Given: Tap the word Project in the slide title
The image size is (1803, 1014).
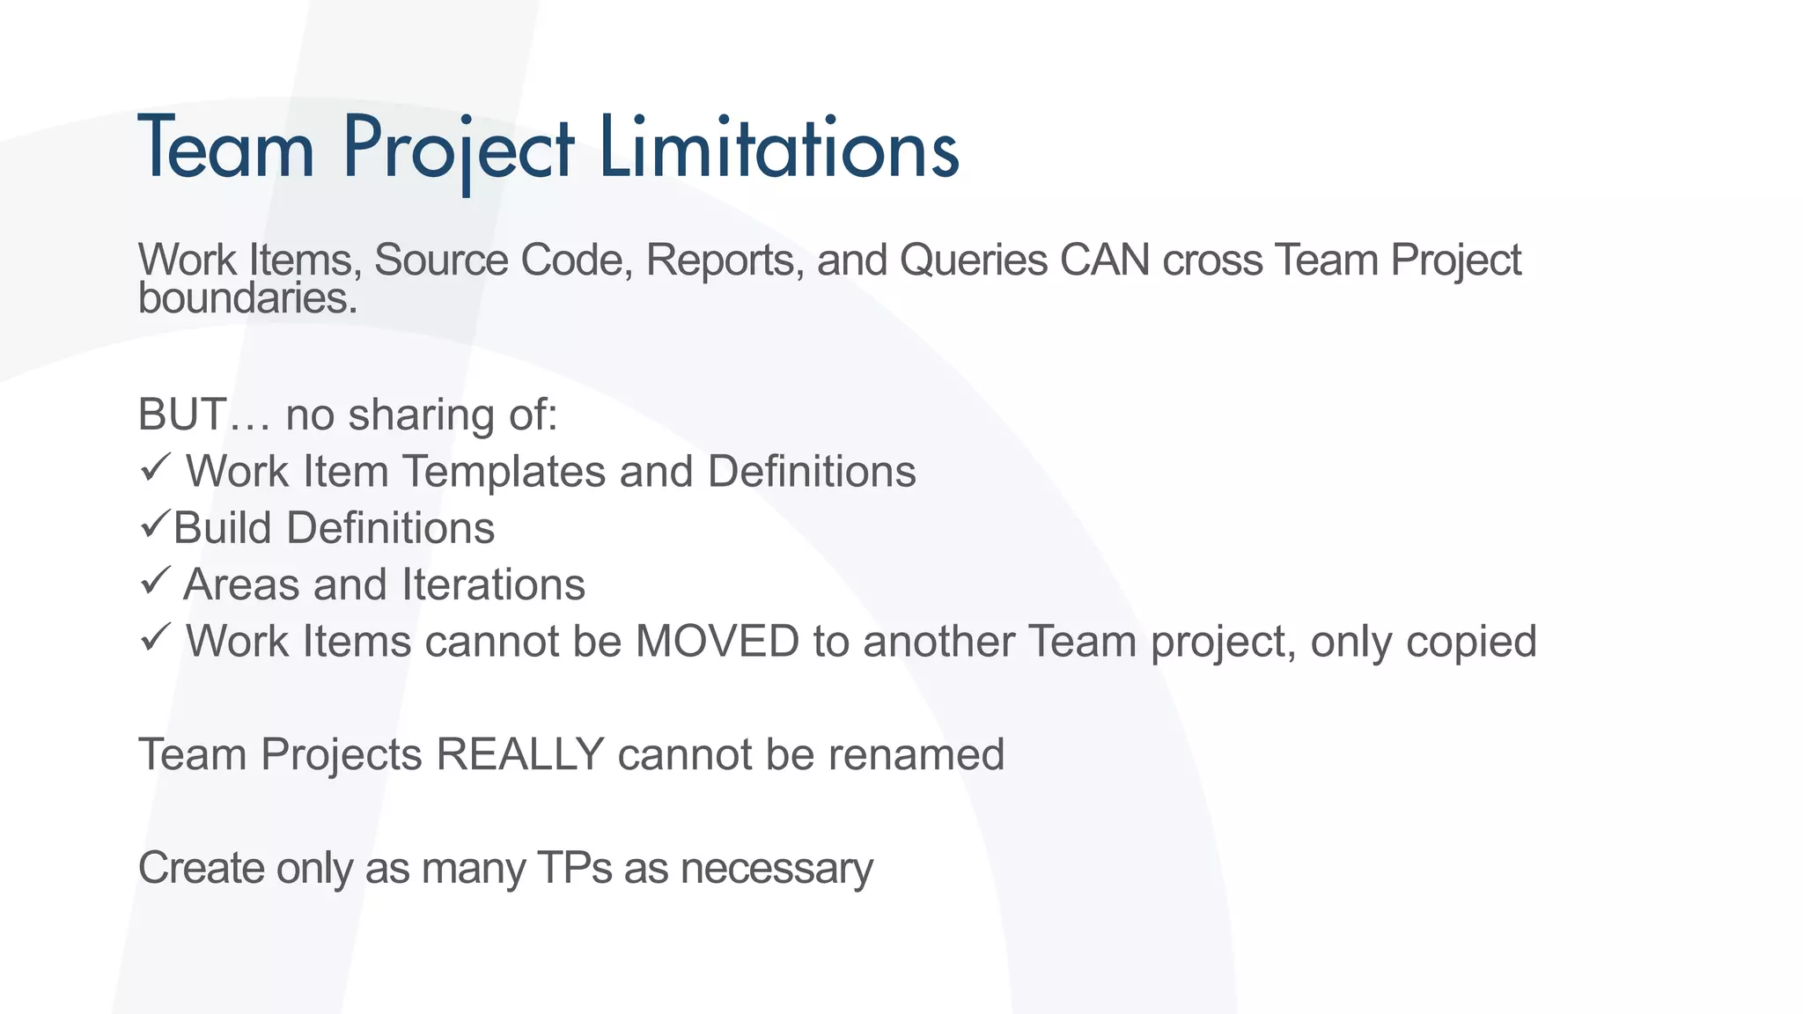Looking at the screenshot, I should (458, 150).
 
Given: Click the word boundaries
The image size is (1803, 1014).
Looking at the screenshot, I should (247, 298).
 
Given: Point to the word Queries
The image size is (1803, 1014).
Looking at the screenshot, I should (973, 261).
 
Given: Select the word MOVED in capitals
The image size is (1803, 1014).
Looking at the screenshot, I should (717, 642).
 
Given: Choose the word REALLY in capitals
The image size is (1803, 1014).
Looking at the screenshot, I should (519, 754).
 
